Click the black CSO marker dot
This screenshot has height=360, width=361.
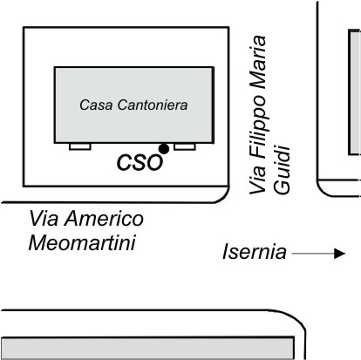tap(164, 149)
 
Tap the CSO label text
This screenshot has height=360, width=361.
tap(140, 162)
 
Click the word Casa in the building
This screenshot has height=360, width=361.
tap(96, 105)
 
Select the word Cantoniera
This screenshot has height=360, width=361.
tap(153, 105)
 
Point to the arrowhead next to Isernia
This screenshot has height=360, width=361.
tap(339, 254)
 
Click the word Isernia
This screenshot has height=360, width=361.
tap(255, 252)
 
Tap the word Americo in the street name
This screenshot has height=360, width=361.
tap(104, 219)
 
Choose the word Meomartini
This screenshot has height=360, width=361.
tap(82, 243)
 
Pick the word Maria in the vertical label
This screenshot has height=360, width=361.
tap(258, 63)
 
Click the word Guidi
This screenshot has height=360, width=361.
tap(282, 170)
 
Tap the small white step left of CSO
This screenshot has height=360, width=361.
tap(80, 146)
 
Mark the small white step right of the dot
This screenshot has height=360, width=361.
tap(185, 146)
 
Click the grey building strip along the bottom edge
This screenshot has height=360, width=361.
tap(147, 348)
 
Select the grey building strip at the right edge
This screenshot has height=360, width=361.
tap(355, 92)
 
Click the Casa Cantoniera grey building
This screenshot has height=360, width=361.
tap(134, 105)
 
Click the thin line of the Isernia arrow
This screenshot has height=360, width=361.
tap(313, 254)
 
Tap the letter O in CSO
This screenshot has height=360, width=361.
tap(153, 162)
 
